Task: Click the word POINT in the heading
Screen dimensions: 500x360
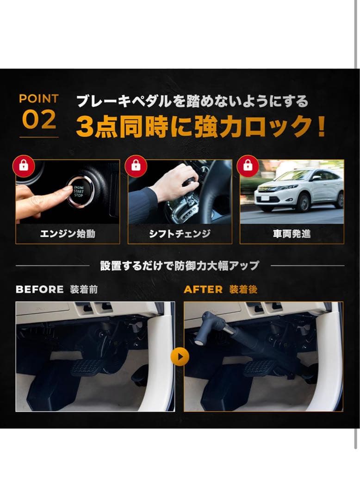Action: coord(39,99)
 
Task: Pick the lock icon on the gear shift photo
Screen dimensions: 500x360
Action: coord(136,166)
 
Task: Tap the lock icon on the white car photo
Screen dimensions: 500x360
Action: coord(248,166)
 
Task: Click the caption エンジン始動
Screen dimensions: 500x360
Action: coord(68,234)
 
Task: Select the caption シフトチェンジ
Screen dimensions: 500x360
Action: coord(180,234)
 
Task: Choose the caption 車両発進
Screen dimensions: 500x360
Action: coord(292,234)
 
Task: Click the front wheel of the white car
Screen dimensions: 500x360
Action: coord(304,202)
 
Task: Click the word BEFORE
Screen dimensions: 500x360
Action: coord(40,289)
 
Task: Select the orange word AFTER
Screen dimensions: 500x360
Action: coord(203,289)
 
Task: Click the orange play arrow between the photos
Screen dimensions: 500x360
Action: coord(180,356)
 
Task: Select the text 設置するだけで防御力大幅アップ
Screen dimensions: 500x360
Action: coord(180,266)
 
